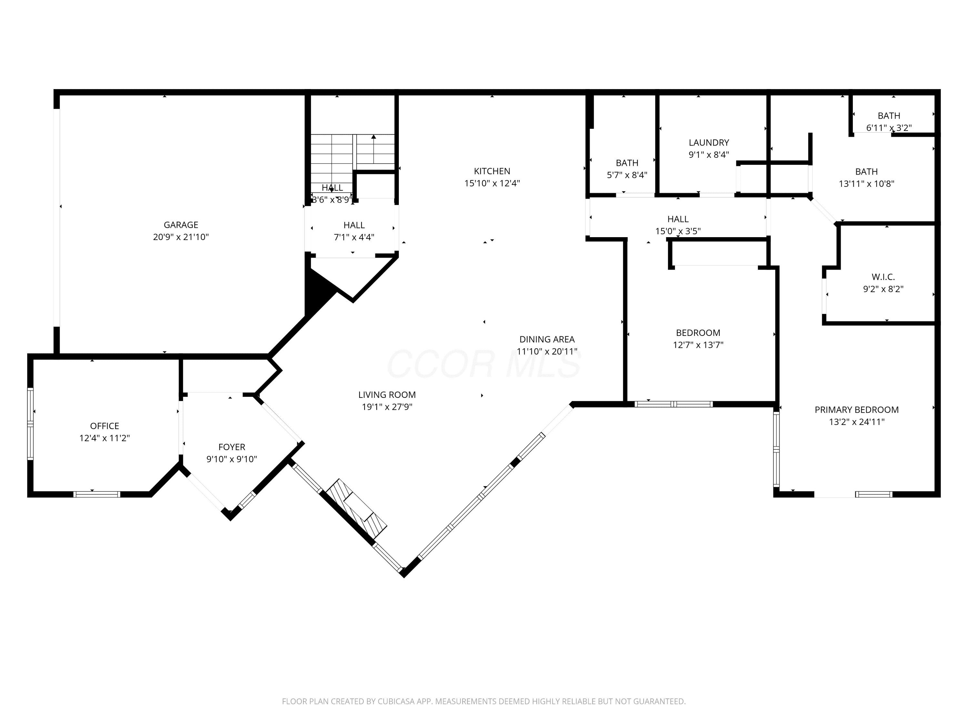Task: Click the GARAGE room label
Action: point(181,225)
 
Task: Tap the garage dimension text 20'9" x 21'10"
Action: point(181,237)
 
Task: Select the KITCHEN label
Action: point(492,171)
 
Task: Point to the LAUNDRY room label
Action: point(709,143)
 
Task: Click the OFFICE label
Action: point(105,426)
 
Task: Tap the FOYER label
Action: point(231,447)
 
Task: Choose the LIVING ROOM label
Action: point(387,395)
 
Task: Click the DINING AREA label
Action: point(547,339)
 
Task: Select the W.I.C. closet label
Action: point(883,277)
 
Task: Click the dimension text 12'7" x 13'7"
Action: point(698,345)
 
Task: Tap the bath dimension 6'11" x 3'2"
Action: point(889,128)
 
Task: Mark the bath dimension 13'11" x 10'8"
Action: point(866,184)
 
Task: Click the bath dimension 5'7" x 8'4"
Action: point(627,175)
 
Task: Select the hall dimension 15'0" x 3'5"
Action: point(678,231)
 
